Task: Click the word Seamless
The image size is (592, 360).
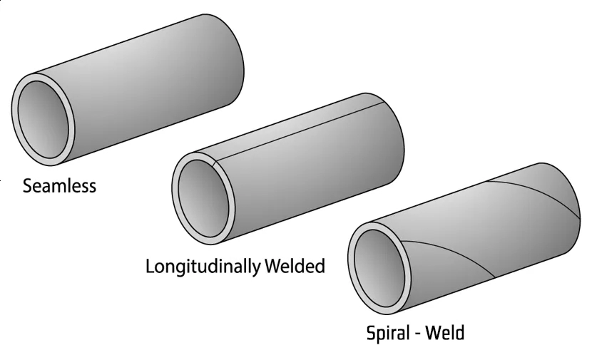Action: (x=59, y=187)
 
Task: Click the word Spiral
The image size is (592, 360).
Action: (x=389, y=332)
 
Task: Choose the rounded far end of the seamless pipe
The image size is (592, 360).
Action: (x=239, y=57)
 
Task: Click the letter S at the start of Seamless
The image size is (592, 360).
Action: (x=28, y=187)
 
